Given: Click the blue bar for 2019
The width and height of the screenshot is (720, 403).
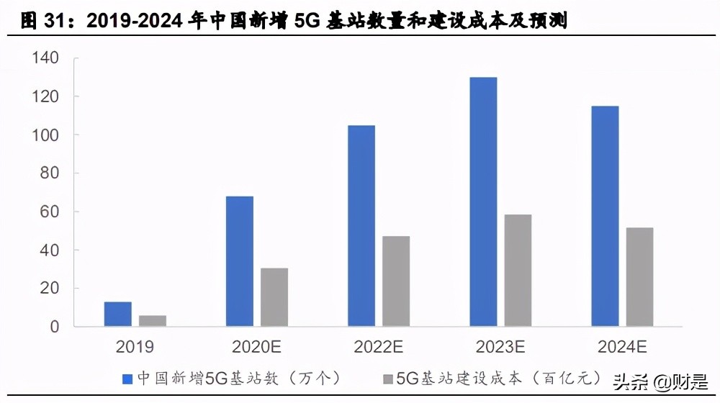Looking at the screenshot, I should click(118, 314).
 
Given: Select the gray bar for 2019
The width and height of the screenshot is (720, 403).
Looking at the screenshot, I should click(153, 321).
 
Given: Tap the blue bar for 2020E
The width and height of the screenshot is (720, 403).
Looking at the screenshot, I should click(240, 261).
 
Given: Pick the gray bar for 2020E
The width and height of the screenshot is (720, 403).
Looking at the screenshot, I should click(274, 297).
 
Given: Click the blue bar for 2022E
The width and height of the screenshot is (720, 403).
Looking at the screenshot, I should click(361, 226).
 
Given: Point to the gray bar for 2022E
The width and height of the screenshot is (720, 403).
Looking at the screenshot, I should click(396, 281).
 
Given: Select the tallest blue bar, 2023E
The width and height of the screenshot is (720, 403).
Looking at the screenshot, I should click(483, 202).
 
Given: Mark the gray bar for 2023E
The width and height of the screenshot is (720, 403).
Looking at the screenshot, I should click(518, 271).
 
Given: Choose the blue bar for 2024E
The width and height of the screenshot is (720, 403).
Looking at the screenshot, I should click(605, 217).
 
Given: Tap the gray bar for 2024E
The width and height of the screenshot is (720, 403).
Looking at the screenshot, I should click(639, 277).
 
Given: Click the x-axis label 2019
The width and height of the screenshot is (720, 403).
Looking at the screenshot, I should click(135, 347).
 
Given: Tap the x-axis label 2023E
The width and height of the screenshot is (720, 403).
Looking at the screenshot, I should click(500, 347).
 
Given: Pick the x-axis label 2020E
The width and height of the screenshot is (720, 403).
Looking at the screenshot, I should click(256, 347).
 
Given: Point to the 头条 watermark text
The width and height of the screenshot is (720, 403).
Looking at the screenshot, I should click(627, 380).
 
